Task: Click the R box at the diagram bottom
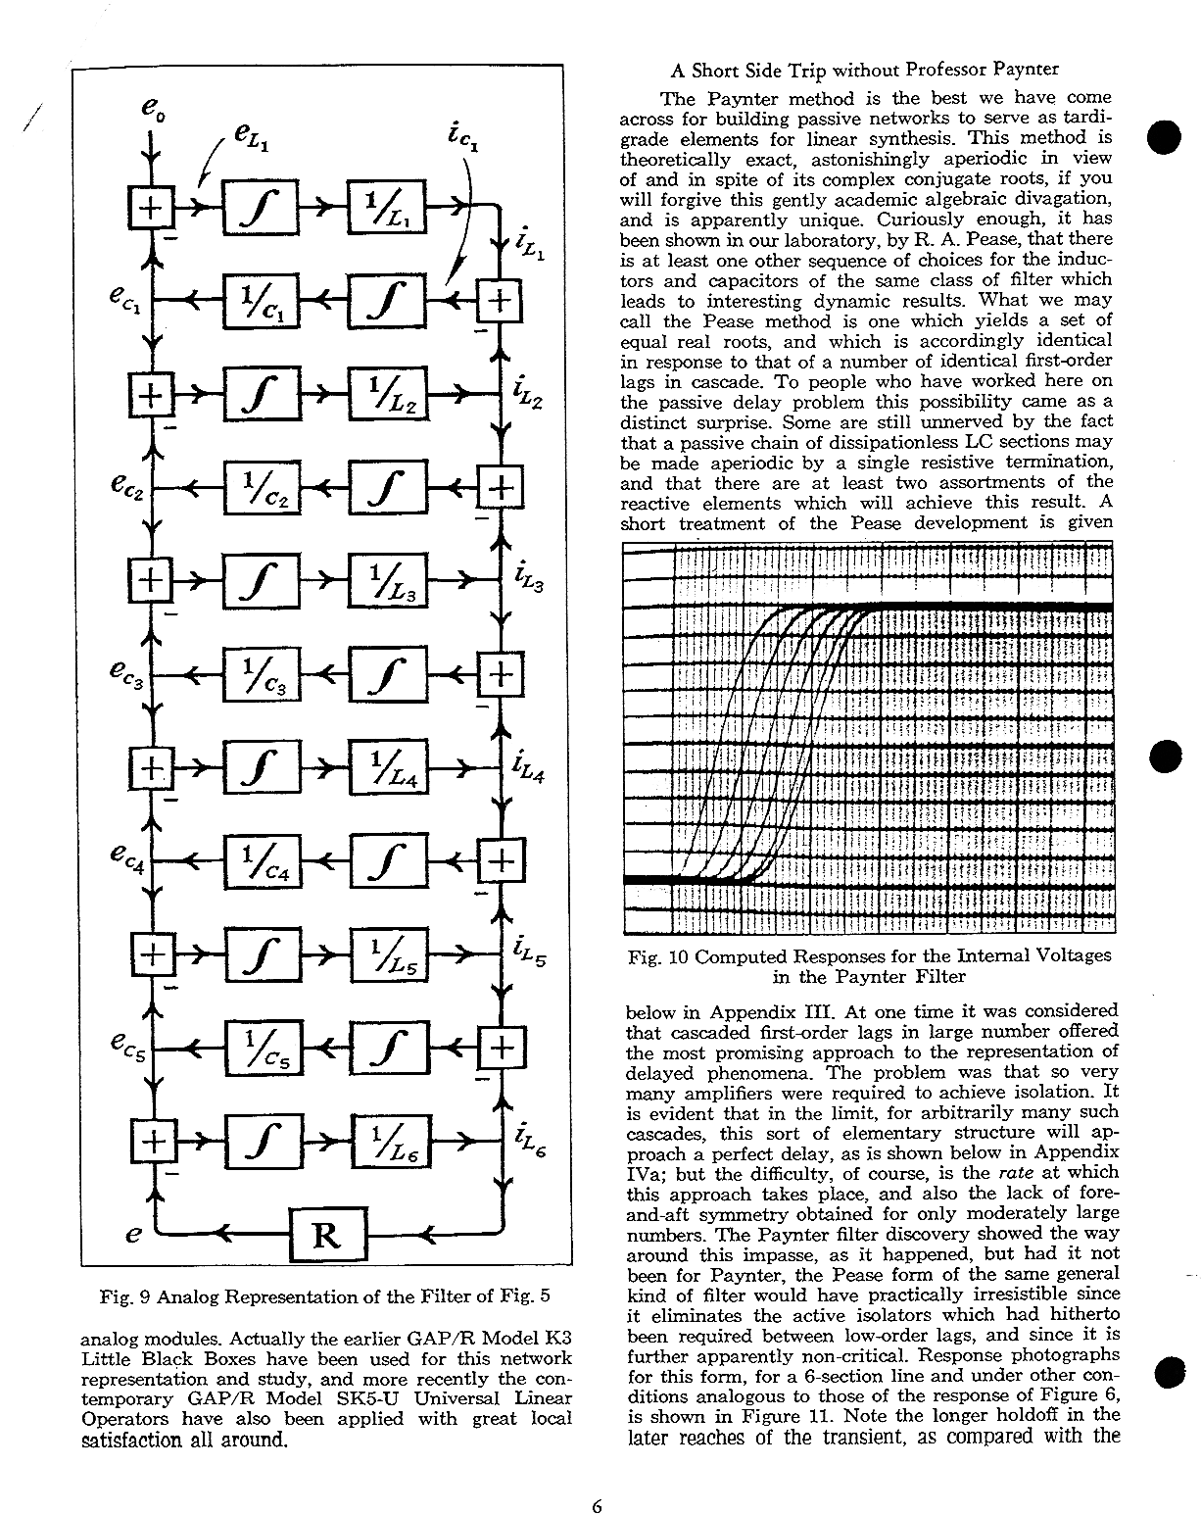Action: click(x=327, y=1236)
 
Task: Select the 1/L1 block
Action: click(x=386, y=207)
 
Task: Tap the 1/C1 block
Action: click(x=263, y=300)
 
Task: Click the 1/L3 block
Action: click(x=386, y=581)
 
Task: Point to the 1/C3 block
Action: click(x=263, y=674)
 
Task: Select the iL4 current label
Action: click(x=529, y=768)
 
